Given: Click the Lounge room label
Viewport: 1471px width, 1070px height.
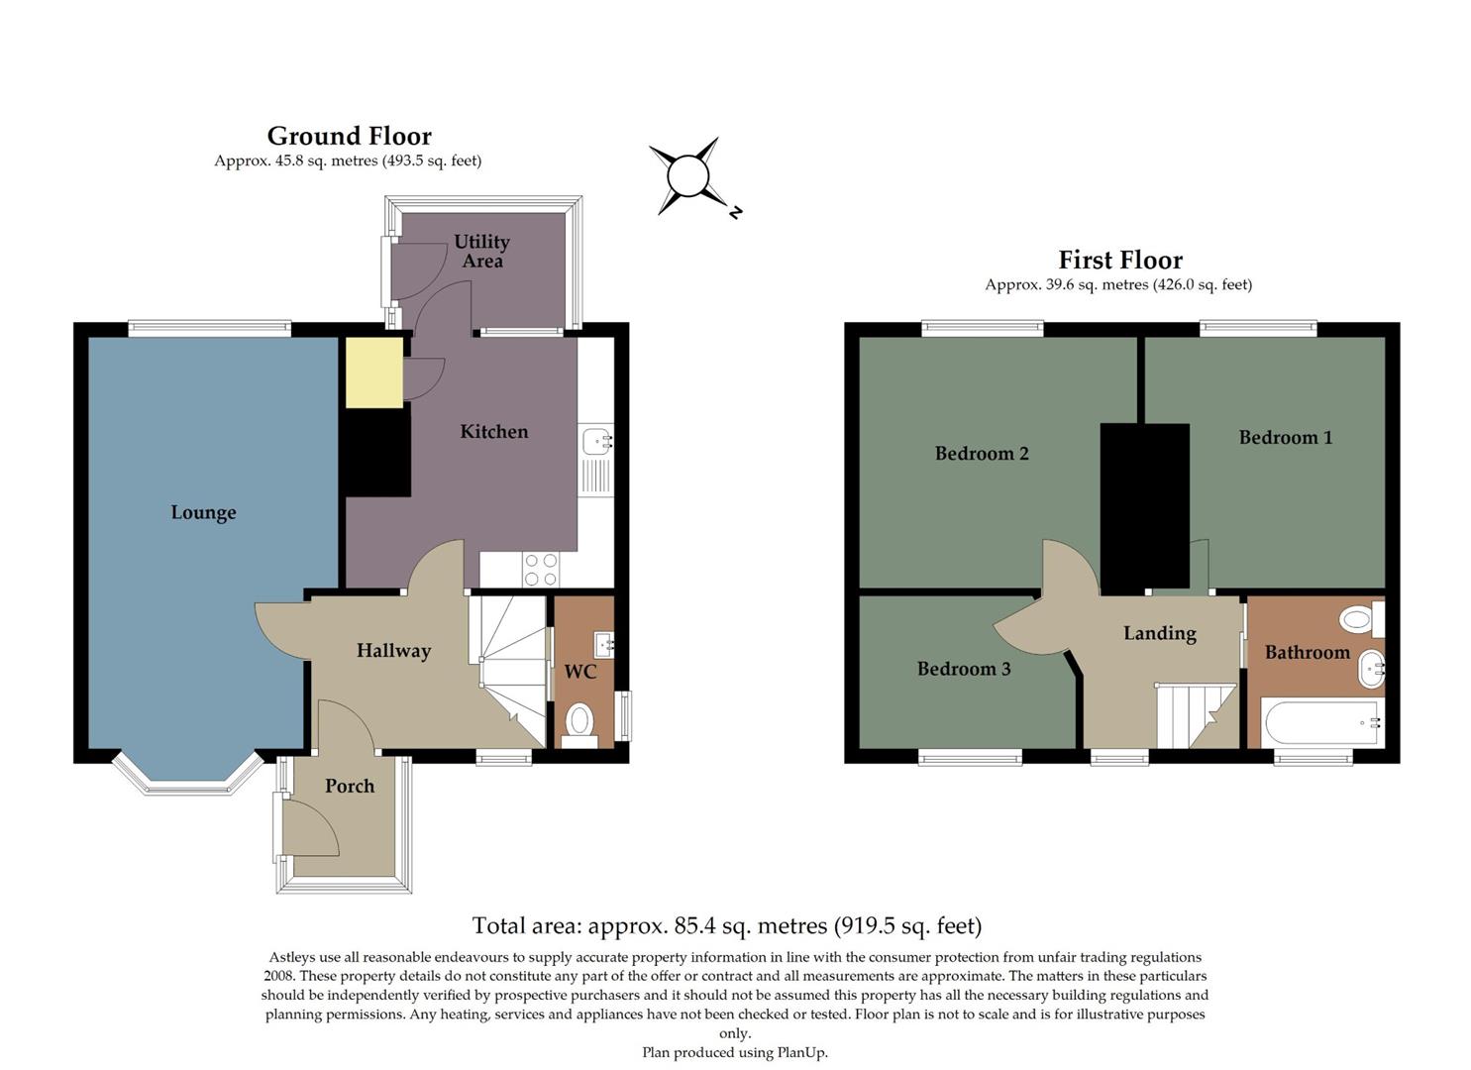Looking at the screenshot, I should [203, 512].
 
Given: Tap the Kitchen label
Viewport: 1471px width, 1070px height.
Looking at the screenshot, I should [493, 431].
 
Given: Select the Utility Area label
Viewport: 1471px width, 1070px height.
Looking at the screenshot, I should [481, 251].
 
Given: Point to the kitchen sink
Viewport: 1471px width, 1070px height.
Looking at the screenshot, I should [597, 442].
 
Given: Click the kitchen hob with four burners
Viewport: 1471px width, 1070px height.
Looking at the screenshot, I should [541, 570].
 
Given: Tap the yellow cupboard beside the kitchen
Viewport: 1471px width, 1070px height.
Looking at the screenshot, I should [374, 372].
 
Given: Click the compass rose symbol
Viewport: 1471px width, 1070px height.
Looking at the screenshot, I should [687, 177].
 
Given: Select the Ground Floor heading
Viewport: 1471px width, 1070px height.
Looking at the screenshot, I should [349, 136].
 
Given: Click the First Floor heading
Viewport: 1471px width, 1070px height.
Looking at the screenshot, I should [1120, 260].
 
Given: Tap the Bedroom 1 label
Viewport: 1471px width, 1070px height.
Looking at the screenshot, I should [1285, 437].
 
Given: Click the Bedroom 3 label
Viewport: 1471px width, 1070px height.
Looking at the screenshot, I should [964, 669].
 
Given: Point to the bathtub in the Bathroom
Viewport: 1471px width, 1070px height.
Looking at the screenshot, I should [1320, 722].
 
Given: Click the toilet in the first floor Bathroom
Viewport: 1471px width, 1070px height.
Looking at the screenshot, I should [1359, 620].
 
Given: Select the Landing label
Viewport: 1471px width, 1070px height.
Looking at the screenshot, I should [1159, 633].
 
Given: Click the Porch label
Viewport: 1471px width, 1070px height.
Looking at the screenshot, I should [350, 786].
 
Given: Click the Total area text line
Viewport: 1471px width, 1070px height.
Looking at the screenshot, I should [726, 925].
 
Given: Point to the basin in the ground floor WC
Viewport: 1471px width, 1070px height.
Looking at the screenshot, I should [603, 645].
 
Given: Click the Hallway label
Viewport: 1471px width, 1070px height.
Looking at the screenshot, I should [393, 651].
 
